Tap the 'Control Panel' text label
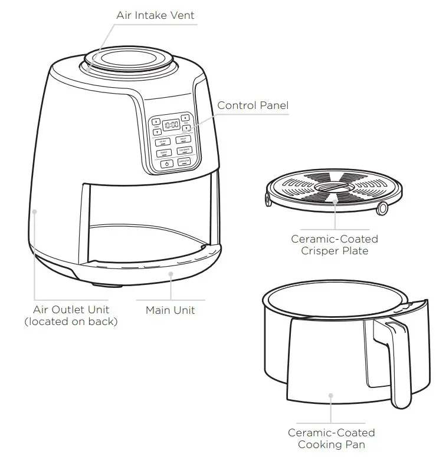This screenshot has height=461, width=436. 253,105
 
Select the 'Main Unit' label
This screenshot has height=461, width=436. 170,310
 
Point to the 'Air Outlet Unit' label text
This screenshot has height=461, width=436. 71,310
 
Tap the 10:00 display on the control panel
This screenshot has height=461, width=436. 171,125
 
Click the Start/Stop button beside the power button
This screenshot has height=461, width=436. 184,162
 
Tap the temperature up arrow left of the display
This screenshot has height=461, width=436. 156,122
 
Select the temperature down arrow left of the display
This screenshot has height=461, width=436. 157,131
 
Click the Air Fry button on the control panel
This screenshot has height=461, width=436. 163,142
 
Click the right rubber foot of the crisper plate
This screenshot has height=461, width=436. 383,208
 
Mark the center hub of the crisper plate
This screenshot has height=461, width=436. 335,191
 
